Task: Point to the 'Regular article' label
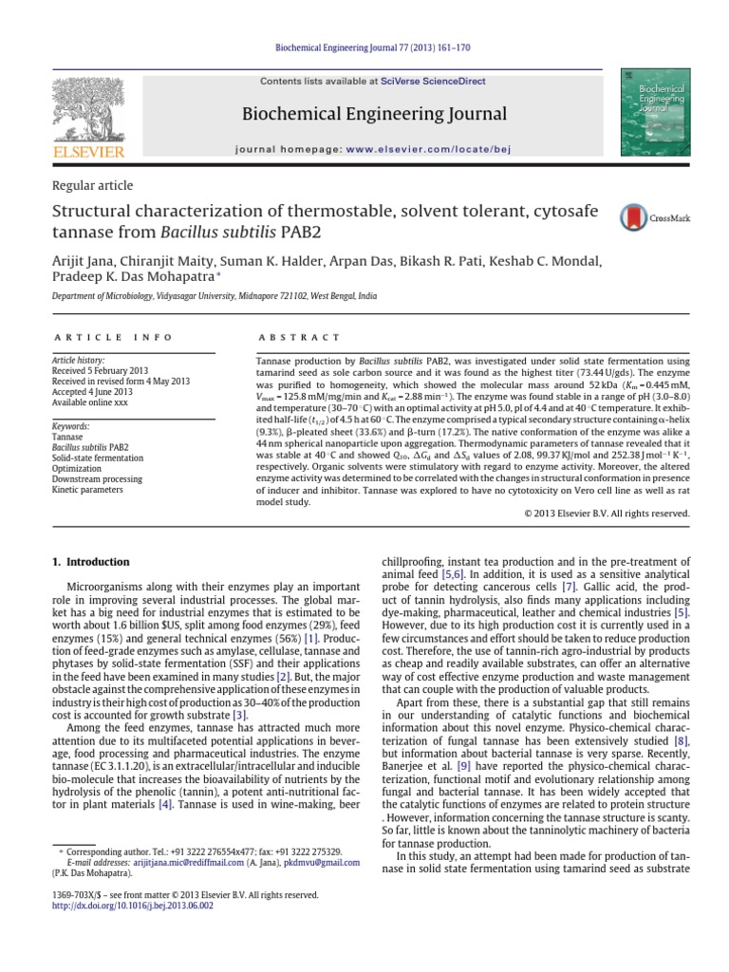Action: [x=91, y=186]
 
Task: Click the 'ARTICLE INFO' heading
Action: [x=113, y=337]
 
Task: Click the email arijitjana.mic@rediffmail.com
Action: [x=200, y=863]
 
